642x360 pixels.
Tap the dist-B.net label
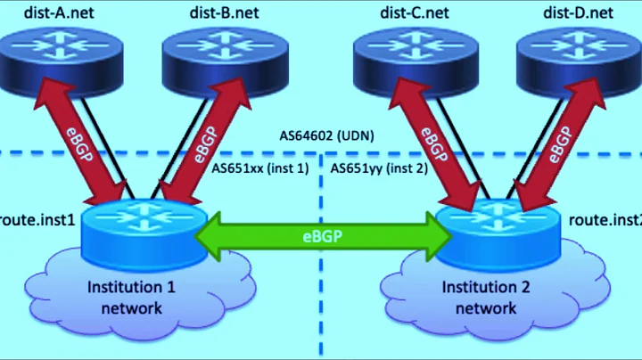225,12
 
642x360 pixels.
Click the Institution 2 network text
486,298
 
